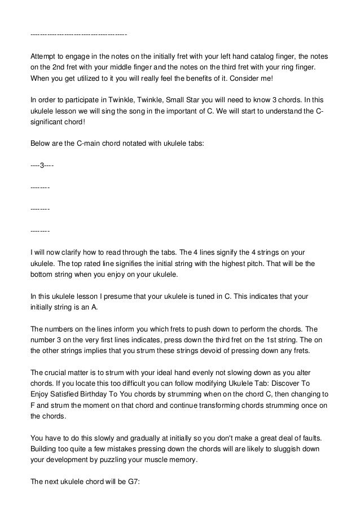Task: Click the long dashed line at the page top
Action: [78, 36]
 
